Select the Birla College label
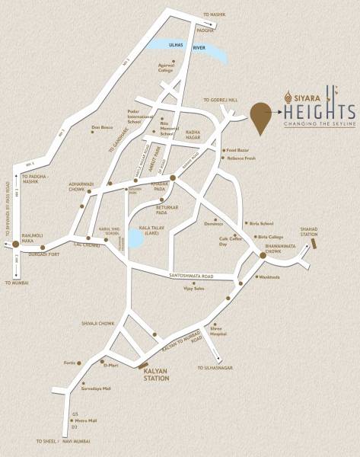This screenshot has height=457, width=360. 270,236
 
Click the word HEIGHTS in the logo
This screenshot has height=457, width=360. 318,111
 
